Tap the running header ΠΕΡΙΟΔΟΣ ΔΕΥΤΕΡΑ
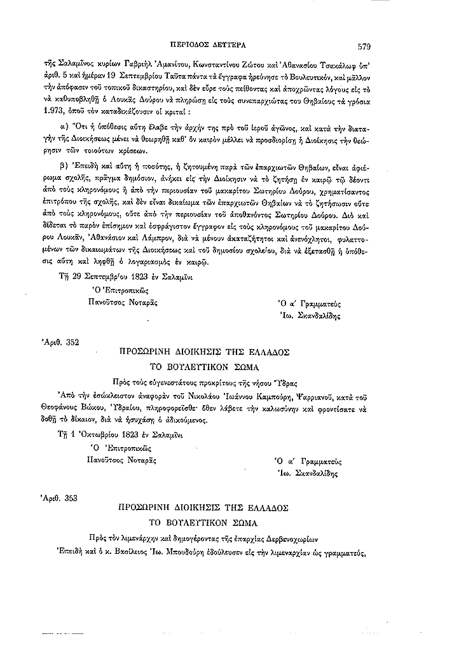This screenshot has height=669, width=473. point(205,46)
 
